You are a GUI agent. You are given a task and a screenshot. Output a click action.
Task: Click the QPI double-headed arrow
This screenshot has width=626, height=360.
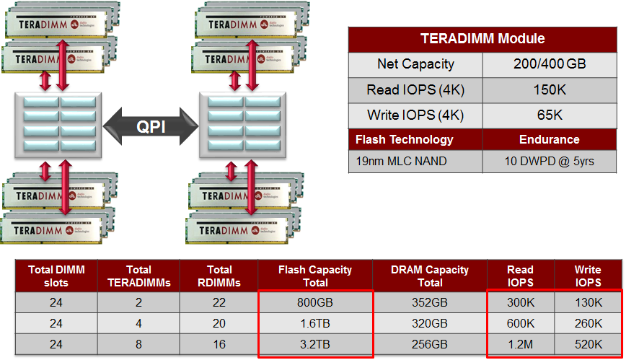tap(151, 126)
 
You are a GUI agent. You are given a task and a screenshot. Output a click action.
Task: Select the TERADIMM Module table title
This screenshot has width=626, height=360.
tap(482, 39)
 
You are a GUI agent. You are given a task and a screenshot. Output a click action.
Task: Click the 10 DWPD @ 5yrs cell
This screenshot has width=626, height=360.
tap(549, 161)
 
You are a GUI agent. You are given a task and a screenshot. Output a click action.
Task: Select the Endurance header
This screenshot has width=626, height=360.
tap(549, 139)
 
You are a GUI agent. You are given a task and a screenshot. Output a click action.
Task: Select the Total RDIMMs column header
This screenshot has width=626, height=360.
tap(219, 276)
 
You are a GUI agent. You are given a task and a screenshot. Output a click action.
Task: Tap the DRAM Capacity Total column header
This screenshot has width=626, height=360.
tap(430, 276)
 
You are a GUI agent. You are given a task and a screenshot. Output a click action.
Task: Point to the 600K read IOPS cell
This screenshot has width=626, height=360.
tap(520, 322)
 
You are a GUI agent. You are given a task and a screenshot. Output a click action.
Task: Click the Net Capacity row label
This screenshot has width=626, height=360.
tap(415, 64)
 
